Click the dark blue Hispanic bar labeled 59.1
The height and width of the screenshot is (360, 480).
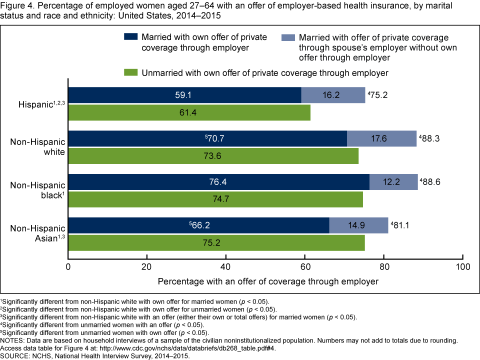click(184, 95)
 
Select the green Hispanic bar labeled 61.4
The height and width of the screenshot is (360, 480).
click(189, 112)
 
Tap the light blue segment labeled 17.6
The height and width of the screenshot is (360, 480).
click(381, 138)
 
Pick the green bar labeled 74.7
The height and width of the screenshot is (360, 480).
click(215, 199)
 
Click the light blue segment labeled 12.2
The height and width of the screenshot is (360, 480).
click(393, 182)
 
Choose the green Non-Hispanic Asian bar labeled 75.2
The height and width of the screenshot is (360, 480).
click(216, 242)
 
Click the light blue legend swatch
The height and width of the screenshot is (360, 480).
click(288, 37)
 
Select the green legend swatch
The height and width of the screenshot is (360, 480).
click(130, 73)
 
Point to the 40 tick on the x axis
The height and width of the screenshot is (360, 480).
click(226, 266)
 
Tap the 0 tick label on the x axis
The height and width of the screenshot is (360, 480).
click(68, 266)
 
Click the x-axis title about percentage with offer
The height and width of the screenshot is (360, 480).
click(268, 281)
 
